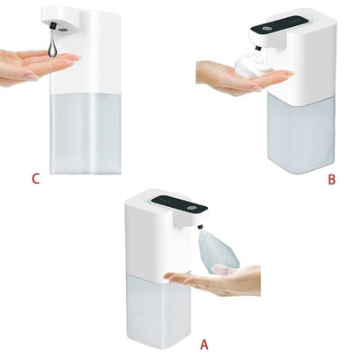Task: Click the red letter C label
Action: [35, 179]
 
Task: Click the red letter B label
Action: [331, 180]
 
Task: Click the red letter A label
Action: [202, 344]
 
